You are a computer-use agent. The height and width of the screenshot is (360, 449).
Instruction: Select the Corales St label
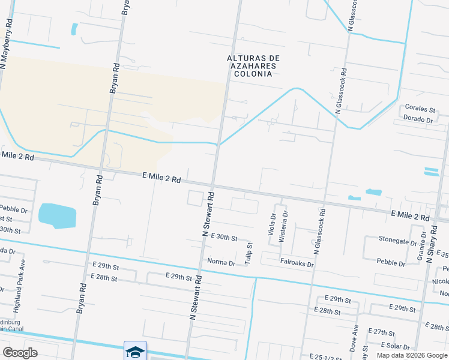[420, 109]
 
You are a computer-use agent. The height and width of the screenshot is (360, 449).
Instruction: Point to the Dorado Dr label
[419, 120]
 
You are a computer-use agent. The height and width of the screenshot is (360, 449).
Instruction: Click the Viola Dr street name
[273, 224]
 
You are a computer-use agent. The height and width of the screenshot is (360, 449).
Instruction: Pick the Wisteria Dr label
[283, 226]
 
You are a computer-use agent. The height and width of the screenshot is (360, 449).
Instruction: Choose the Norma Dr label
[221, 262]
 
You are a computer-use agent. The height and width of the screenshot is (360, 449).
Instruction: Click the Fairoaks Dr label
[297, 263]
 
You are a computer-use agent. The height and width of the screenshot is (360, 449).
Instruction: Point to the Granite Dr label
[420, 248]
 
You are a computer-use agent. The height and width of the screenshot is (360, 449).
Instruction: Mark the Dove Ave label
[355, 338]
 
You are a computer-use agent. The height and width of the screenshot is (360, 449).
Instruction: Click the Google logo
[20, 353]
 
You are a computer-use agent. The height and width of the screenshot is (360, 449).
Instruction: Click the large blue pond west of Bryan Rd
[57, 215]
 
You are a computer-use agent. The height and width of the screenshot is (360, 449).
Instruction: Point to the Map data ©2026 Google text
[411, 355]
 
